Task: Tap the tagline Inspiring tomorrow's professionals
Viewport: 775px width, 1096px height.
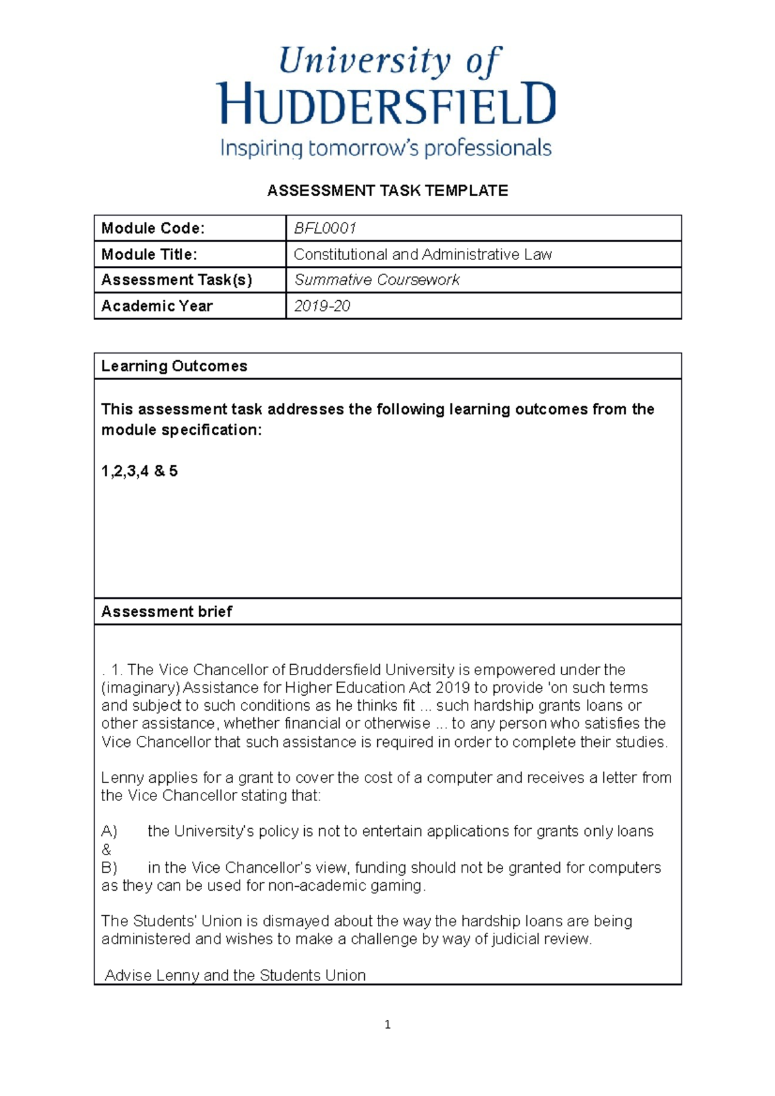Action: pos(386,148)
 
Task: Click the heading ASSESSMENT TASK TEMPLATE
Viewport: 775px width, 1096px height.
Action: pos(387,190)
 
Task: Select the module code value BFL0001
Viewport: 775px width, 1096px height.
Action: pos(325,228)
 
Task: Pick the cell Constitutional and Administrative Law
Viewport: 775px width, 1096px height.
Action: pos(422,254)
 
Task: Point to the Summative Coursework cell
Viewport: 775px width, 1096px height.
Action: pos(377,280)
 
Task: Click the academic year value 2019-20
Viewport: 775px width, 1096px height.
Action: pos(322,306)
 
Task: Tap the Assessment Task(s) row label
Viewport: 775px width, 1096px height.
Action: pos(176,280)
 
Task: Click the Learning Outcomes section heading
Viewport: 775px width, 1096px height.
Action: pos(174,366)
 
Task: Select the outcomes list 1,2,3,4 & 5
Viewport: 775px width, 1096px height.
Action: pos(139,471)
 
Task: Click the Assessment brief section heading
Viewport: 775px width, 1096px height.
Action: pos(167,611)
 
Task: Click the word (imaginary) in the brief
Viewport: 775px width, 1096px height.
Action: pos(140,688)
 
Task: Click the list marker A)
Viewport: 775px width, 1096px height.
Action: pos(109,831)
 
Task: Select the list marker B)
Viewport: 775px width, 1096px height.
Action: pos(109,868)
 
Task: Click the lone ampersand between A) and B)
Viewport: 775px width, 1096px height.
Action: pos(107,849)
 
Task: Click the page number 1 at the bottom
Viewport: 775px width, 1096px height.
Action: pos(387,1024)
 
